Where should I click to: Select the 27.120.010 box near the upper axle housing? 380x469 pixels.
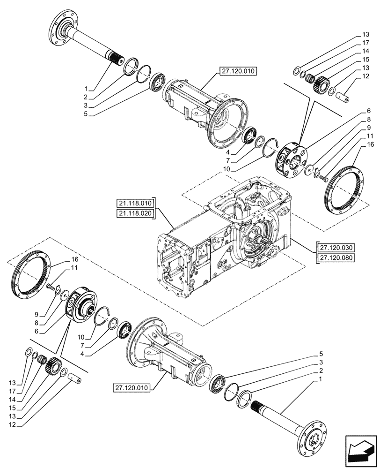(237, 72)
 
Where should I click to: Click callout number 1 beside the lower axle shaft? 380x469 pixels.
(321, 378)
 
